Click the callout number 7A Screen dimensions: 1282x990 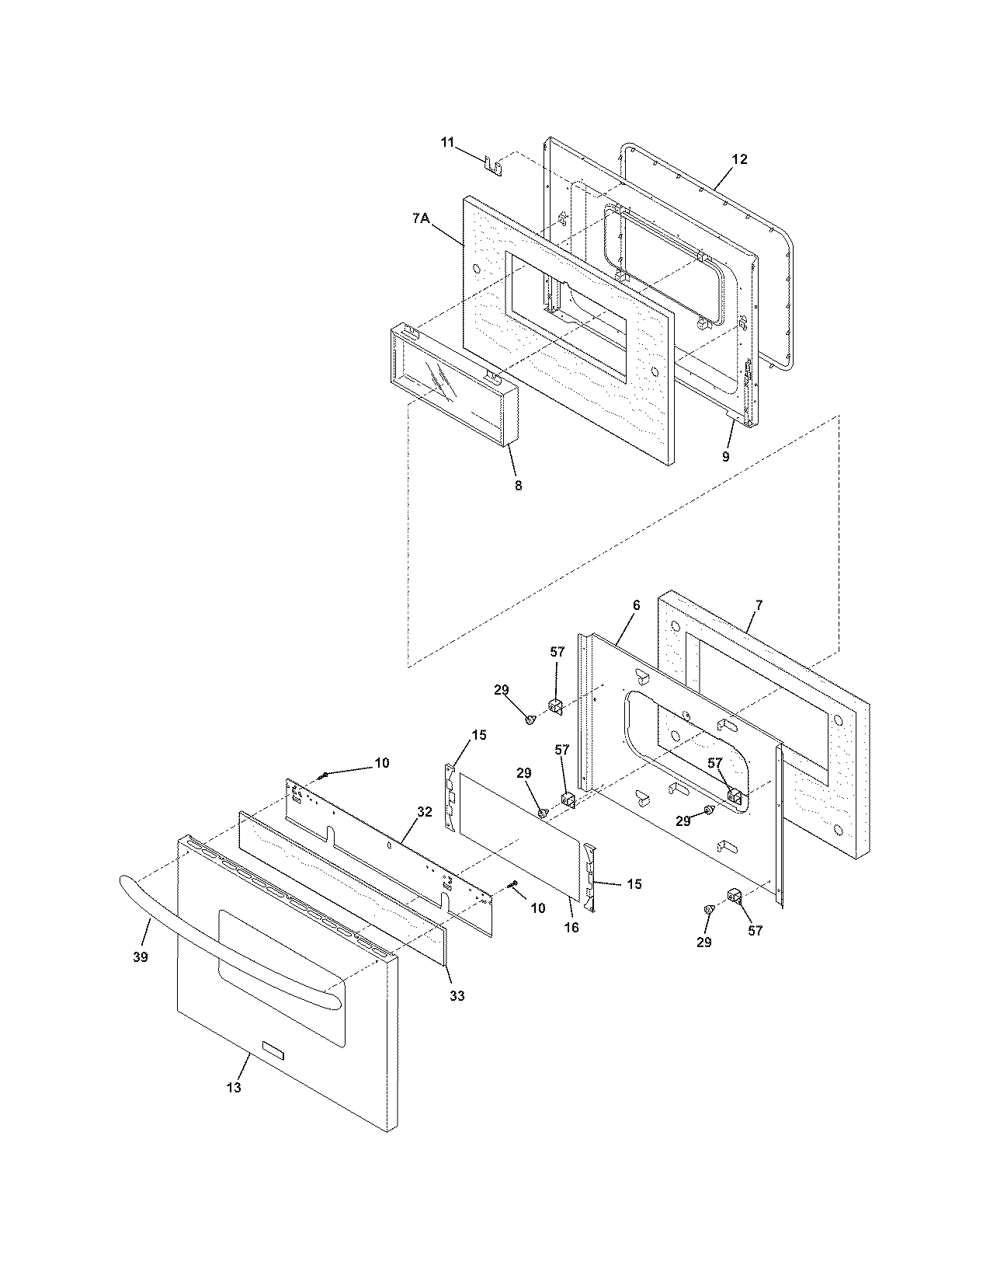tap(420, 219)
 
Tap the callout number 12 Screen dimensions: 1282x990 tap(738, 159)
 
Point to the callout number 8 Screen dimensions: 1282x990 tap(518, 486)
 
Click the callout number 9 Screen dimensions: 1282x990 tap(725, 456)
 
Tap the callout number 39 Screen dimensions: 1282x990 tap(139, 957)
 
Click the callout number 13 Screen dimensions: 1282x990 tap(234, 1087)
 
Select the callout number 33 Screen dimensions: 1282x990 tap(457, 995)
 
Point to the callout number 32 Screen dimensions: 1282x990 tap(424, 811)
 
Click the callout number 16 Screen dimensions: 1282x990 tap(571, 928)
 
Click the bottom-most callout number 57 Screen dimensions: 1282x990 tap(756, 931)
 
